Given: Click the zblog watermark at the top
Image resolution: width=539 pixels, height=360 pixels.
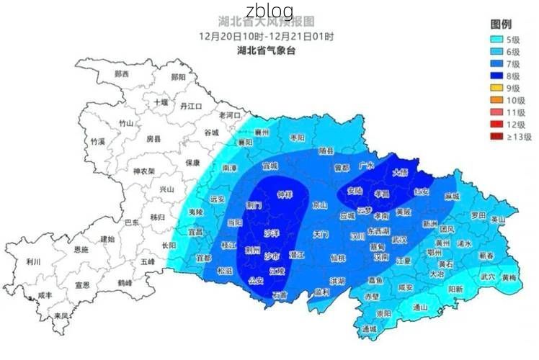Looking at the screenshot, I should coord(269,11).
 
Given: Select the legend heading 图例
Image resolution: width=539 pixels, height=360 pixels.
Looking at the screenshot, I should coord(502,24).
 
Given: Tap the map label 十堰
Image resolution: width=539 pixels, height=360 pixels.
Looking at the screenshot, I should coord(160,102).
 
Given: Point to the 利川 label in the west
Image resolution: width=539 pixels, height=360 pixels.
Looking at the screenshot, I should coord(32,261).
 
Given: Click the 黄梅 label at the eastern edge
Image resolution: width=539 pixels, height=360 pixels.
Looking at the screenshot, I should coord(509,276).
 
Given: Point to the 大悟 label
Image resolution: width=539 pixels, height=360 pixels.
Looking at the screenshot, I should coord(400,172).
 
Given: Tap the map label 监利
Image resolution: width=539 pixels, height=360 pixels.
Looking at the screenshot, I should coord(321,292).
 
